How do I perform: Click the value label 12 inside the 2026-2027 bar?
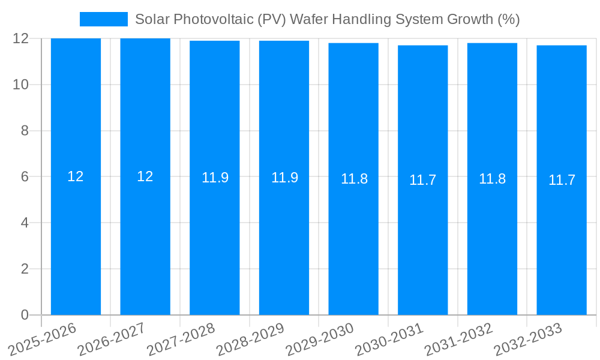tap(145, 176)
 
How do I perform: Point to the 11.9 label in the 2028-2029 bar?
tap(284, 178)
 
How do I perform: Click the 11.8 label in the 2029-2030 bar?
tap(354, 179)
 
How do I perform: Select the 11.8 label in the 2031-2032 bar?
tap(492, 179)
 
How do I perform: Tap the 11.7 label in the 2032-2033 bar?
tap(562, 180)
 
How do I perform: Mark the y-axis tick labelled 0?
tap(25, 315)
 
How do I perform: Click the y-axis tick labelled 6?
tap(25, 176)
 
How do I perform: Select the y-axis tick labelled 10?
tap(21, 85)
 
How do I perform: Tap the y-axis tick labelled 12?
tap(21, 38)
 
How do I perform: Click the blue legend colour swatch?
tap(104, 19)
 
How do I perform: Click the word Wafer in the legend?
tap(308, 19)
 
